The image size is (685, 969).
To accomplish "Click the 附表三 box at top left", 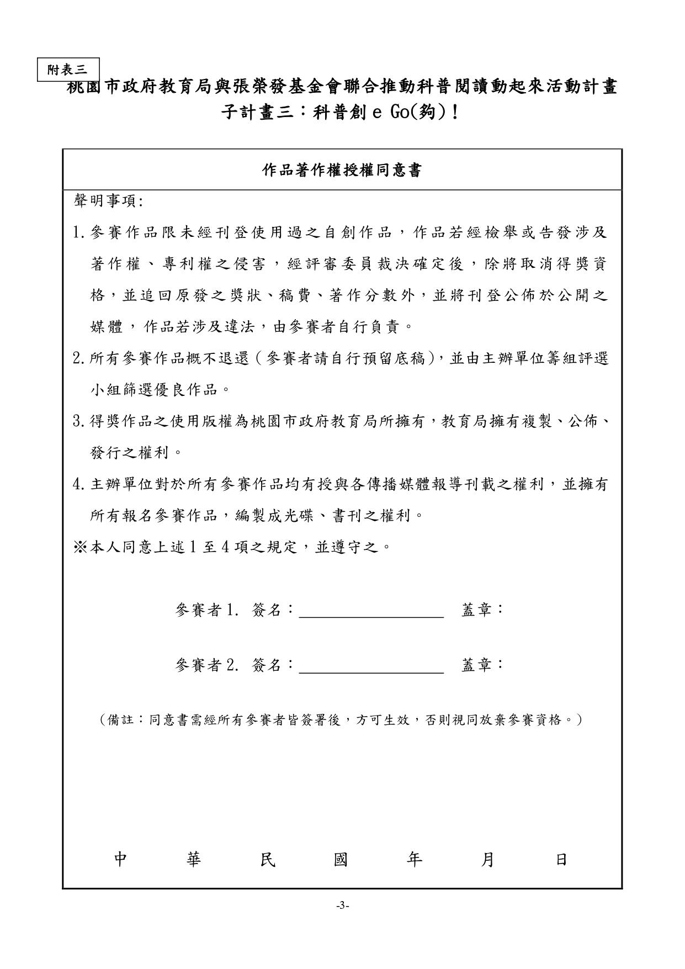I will [x=68, y=70].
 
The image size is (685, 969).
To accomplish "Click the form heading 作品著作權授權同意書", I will [x=342, y=171].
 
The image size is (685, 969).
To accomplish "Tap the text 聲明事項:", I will [x=108, y=202].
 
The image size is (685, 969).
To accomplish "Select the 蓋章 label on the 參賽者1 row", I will [x=481, y=610].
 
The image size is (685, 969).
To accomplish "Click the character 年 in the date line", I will [x=414, y=860].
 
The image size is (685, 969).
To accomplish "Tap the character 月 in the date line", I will [x=487, y=860].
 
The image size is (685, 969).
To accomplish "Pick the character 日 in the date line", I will [x=561, y=860].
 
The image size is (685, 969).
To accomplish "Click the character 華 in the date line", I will [x=194, y=860].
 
